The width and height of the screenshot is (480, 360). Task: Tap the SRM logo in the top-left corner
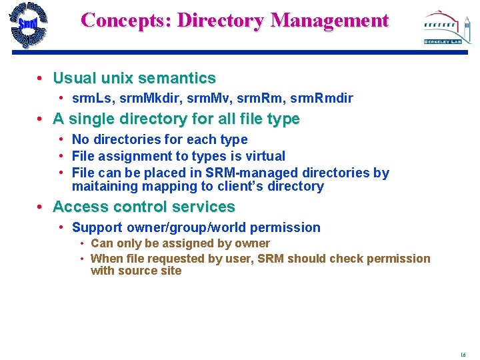click(28, 25)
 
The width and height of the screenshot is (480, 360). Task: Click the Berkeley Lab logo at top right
click(442, 27)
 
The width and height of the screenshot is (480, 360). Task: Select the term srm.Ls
click(92, 99)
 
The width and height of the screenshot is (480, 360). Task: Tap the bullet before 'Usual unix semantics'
click(41, 79)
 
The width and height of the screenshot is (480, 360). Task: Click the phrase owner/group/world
click(191, 227)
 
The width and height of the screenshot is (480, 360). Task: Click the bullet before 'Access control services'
click(41, 207)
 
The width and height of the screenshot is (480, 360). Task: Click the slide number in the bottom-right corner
click(463, 355)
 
